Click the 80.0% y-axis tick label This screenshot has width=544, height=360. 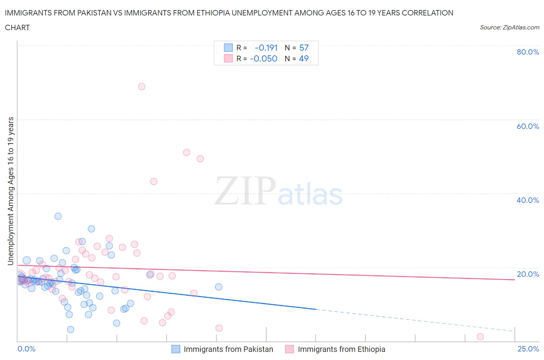(x=528, y=52)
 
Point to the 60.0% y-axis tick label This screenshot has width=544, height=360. (x=528, y=126)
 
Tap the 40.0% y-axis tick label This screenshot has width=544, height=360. (x=528, y=200)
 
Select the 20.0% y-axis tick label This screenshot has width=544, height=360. (x=528, y=274)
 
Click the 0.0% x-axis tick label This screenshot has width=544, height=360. (x=26, y=349)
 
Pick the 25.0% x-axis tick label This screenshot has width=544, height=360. (x=528, y=349)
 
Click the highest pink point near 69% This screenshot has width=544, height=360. (x=142, y=87)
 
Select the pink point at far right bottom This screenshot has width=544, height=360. (x=480, y=337)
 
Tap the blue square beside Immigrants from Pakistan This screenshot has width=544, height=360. (x=176, y=349)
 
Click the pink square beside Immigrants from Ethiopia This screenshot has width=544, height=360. (x=289, y=349)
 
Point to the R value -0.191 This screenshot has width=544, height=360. (x=266, y=48)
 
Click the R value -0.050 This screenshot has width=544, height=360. (x=263, y=58)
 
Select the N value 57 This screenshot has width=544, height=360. (x=304, y=48)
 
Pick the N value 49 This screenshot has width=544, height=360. (x=304, y=58)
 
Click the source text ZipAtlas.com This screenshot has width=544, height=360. (x=509, y=27)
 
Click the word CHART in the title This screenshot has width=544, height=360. (x=17, y=27)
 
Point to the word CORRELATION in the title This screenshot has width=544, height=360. (x=428, y=13)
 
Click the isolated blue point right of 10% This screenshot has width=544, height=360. (x=219, y=287)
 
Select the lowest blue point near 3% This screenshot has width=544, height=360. (x=70, y=329)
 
